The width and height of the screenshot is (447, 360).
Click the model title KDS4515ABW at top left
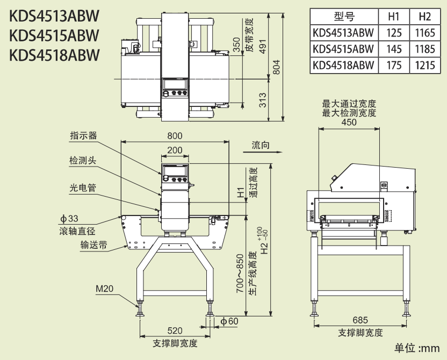[x=54, y=35]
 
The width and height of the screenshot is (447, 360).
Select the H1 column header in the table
[x=394, y=18]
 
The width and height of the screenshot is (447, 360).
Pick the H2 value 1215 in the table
[x=425, y=65]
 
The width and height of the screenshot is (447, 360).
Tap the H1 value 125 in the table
[x=394, y=33]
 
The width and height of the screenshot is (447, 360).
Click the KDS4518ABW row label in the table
[x=343, y=65]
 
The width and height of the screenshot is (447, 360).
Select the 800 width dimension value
[x=174, y=135]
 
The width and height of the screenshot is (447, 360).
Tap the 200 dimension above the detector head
[x=174, y=150]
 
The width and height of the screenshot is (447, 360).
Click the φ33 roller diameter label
[x=69, y=219]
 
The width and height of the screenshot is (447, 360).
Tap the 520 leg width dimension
[x=175, y=330]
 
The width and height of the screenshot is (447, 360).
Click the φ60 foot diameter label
[x=229, y=321]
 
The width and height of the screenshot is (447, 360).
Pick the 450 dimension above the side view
[x=349, y=123]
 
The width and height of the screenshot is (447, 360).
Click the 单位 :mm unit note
[x=417, y=348]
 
